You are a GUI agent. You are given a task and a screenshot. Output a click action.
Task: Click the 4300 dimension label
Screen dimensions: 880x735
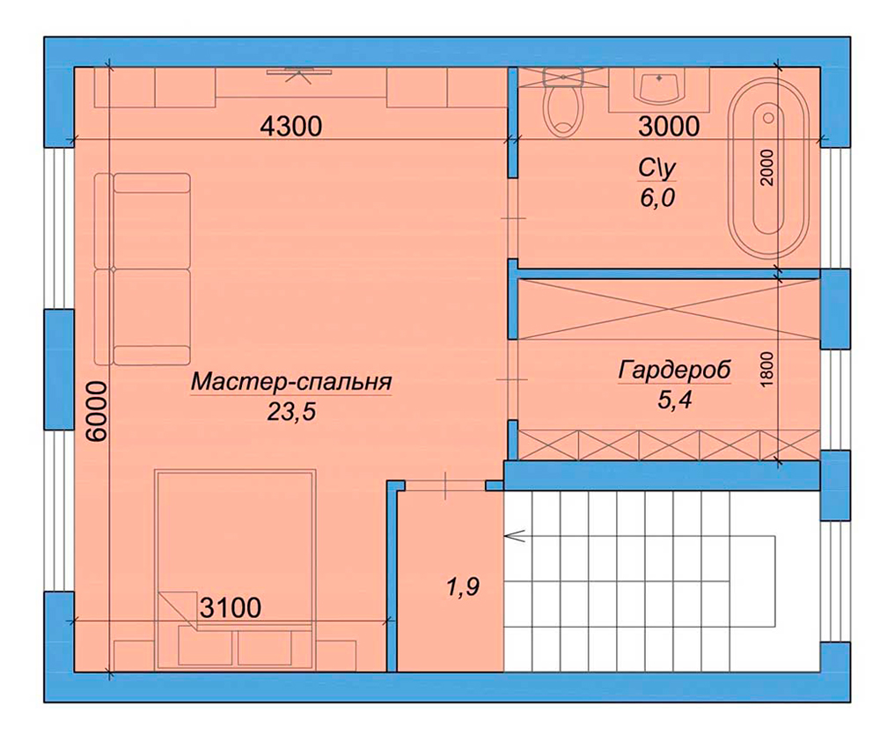click(x=291, y=126)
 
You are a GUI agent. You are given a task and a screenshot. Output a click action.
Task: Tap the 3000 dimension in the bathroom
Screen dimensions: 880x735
click(x=669, y=126)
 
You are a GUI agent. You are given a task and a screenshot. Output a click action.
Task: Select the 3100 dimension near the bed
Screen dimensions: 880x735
click(x=231, y=607)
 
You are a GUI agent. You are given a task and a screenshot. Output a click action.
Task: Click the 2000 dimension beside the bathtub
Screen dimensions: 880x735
click(x=767, y=167)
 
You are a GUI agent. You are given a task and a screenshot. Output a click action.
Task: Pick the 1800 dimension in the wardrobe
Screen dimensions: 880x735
click(x=767, y=368)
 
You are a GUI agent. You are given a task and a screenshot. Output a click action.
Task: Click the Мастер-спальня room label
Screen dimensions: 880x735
click(x=291, y=382)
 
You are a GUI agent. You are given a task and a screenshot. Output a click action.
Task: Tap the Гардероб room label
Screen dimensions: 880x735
click(x=675, y=370)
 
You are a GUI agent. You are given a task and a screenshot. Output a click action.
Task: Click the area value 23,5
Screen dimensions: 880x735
click(x=291, y=413)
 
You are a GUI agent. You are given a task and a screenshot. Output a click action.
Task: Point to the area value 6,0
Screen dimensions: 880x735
click(x=656, y=198)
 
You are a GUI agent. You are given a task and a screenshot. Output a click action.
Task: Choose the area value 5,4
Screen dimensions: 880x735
click(x=673, y=400)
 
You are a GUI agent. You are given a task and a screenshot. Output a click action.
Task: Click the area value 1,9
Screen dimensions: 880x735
click(x=464, y=587)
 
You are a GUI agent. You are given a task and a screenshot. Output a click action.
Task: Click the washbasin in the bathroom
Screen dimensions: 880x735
click(x=659, y=88)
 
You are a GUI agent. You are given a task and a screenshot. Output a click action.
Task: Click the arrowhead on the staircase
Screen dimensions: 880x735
click(x=515, y=537)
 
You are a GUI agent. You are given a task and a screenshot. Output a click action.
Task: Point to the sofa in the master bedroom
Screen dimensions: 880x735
click(x=143, y=269)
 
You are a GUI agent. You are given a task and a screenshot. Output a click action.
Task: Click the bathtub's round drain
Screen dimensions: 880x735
click(x=768, y=117)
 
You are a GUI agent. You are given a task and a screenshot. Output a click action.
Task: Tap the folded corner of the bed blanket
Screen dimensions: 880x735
click(x=178, y=611)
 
